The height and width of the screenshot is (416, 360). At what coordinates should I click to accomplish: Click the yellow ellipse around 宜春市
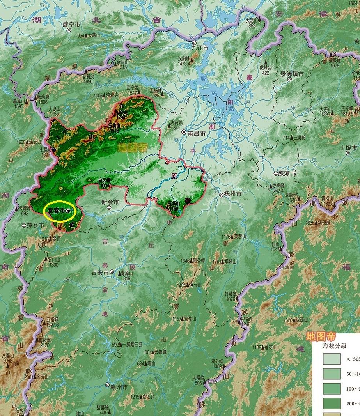pos(59,211)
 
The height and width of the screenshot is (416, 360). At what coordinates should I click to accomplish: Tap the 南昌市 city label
pos(196,133)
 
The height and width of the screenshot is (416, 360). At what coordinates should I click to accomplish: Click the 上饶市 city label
pos(348,148)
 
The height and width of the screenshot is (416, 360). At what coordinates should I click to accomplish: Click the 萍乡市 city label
pos(33,225)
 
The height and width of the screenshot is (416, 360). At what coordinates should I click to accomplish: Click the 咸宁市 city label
pos(71,25)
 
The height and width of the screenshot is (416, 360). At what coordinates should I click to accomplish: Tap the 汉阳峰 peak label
pos(184,58)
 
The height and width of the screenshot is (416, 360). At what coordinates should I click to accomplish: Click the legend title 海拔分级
pos(334,346)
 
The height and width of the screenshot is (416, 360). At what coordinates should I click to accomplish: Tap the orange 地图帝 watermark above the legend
pos(321,336)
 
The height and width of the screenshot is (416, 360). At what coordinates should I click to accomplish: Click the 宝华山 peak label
pos(190,319)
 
